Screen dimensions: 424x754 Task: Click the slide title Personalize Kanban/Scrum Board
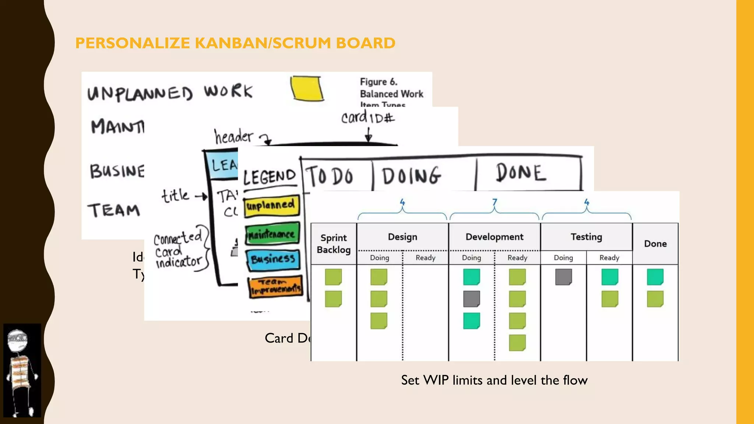click(235, 43)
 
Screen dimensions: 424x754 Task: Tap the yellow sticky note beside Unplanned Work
click(307, 88)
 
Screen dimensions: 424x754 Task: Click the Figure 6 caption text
click(391, 93)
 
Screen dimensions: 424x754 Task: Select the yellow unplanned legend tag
click(272, 205)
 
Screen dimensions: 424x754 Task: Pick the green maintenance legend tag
click(272, 234)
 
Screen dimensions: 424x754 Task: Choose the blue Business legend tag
click(273, 259)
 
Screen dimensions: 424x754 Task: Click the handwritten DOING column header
click(411, 176)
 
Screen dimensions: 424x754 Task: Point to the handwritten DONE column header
click(521, 173)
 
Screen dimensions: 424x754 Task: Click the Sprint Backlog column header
click(334, 244)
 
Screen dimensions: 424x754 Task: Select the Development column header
click(494, 237)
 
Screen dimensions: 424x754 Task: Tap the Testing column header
click(586, 237)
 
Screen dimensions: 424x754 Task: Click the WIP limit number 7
click(494, 202)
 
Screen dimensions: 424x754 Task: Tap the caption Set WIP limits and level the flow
click(494, 380)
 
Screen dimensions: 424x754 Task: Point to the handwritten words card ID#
click(367, 118)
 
